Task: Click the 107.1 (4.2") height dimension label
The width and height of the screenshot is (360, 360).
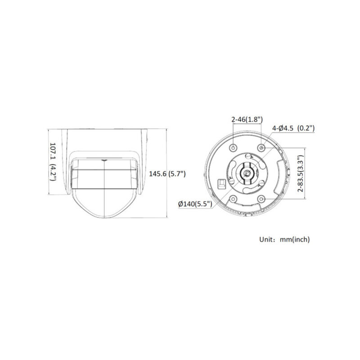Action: (52, 162)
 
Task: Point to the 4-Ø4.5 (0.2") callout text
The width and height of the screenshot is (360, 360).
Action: (293, 128)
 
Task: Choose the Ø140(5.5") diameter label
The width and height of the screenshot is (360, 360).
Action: (195, 204)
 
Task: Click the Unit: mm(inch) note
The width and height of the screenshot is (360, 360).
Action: (284, 239)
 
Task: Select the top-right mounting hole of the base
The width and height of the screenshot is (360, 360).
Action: (261, 147)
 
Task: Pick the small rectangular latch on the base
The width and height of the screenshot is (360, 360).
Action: (221, 184)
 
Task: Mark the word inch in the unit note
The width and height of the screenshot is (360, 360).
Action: (300, 239)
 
